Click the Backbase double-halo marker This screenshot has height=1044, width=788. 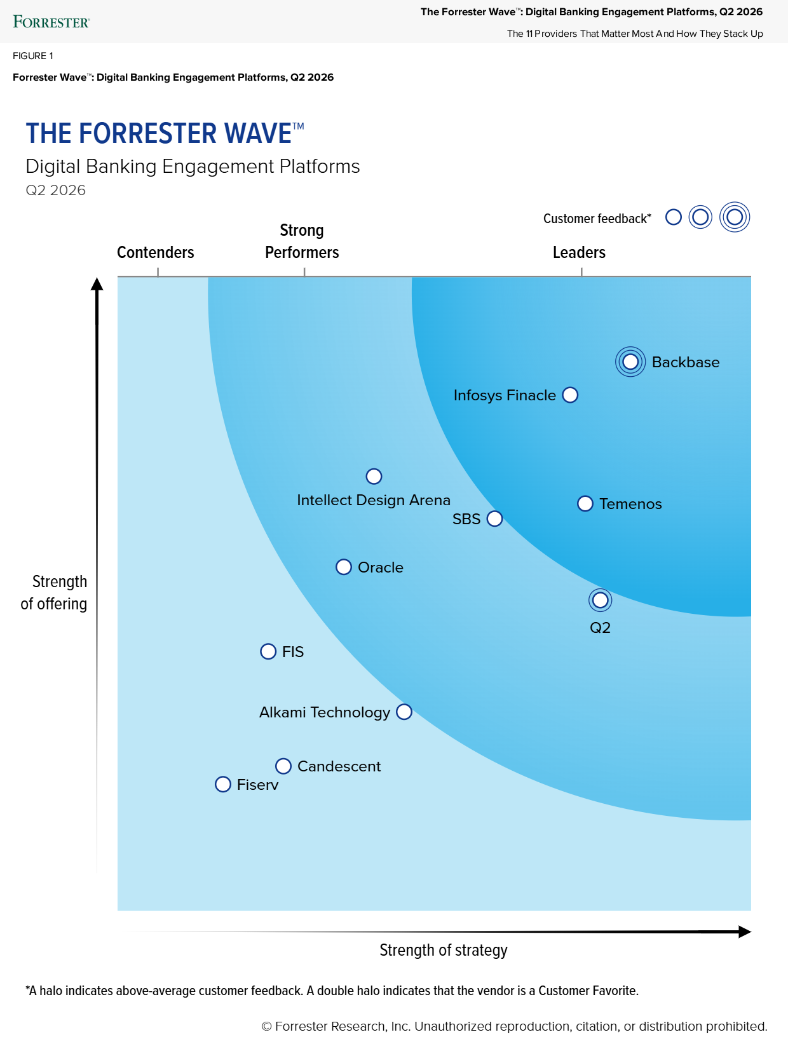pyautogui.click(x=630, y=362)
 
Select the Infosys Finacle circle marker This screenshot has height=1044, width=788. pyautogui.click(x=571, y=395)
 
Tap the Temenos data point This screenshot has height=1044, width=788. pyautogui.click(x=585, y=504)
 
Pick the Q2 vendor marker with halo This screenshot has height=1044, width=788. pyautogui.click(x=600, y=600)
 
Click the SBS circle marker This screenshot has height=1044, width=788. pyautogui.click(x=494, y=519)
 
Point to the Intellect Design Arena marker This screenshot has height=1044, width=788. pyautogui.click(x=374, y=477)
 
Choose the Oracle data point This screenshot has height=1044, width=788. pyautogui.click(x=344, y=567)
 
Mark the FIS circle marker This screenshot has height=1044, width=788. pyautogui.click(x=268, y=651)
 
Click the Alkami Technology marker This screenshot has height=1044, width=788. pyautogui.click(x=404, y=712)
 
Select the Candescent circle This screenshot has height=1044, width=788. pyautogui.click(x=283, y=766)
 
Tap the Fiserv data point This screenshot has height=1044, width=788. pyautogui.click(x=223, y=784)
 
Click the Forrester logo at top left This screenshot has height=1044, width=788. pyautogui.click(x=51, y=22)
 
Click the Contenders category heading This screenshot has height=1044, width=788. pyautogui.click(x=156, y=252)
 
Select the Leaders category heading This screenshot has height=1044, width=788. pyautogui.click(x=579, y=252)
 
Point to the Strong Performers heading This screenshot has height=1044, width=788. pyautogui.click(x=302, y=241)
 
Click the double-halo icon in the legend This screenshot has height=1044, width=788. pyautogui.click(x=735, y=217)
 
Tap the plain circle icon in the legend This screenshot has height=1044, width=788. pyautogui.click(x=674, y=217)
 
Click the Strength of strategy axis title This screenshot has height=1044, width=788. pyautogui.click(x=444, y=950)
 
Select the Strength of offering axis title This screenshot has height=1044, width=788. pyautogui.click(x=55, y=592)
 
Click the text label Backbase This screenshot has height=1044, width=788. pyautogui.click(x=686, y=362)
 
